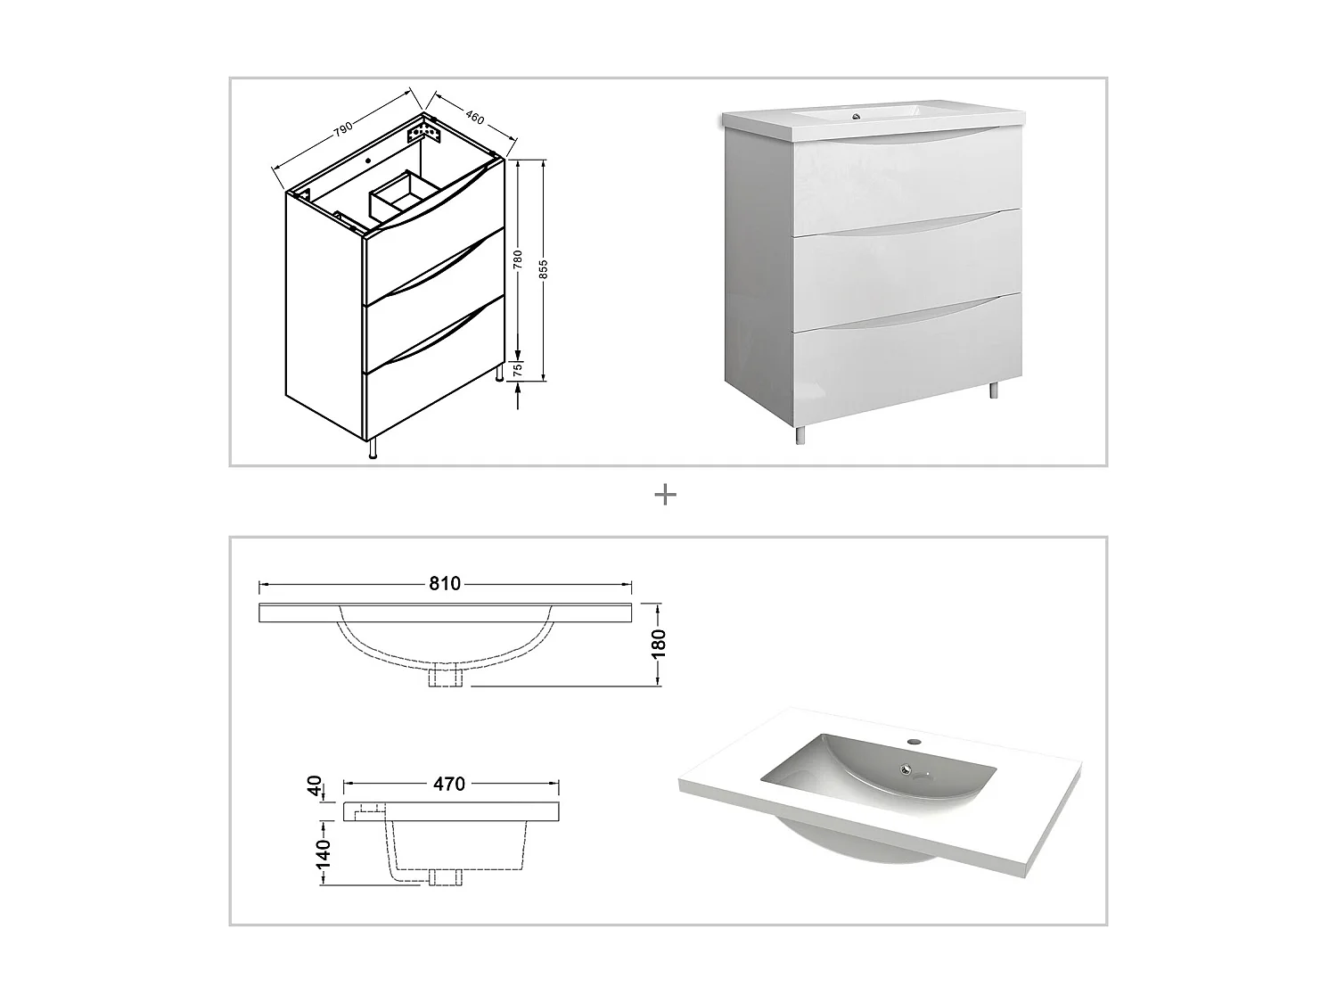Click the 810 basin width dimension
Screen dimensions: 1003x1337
point(445,584)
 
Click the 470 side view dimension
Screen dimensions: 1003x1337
point(449,785)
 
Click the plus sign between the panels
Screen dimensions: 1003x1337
point(666,495)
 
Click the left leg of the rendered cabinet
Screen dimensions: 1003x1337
point(800,434)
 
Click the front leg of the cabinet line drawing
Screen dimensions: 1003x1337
point(373,448)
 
